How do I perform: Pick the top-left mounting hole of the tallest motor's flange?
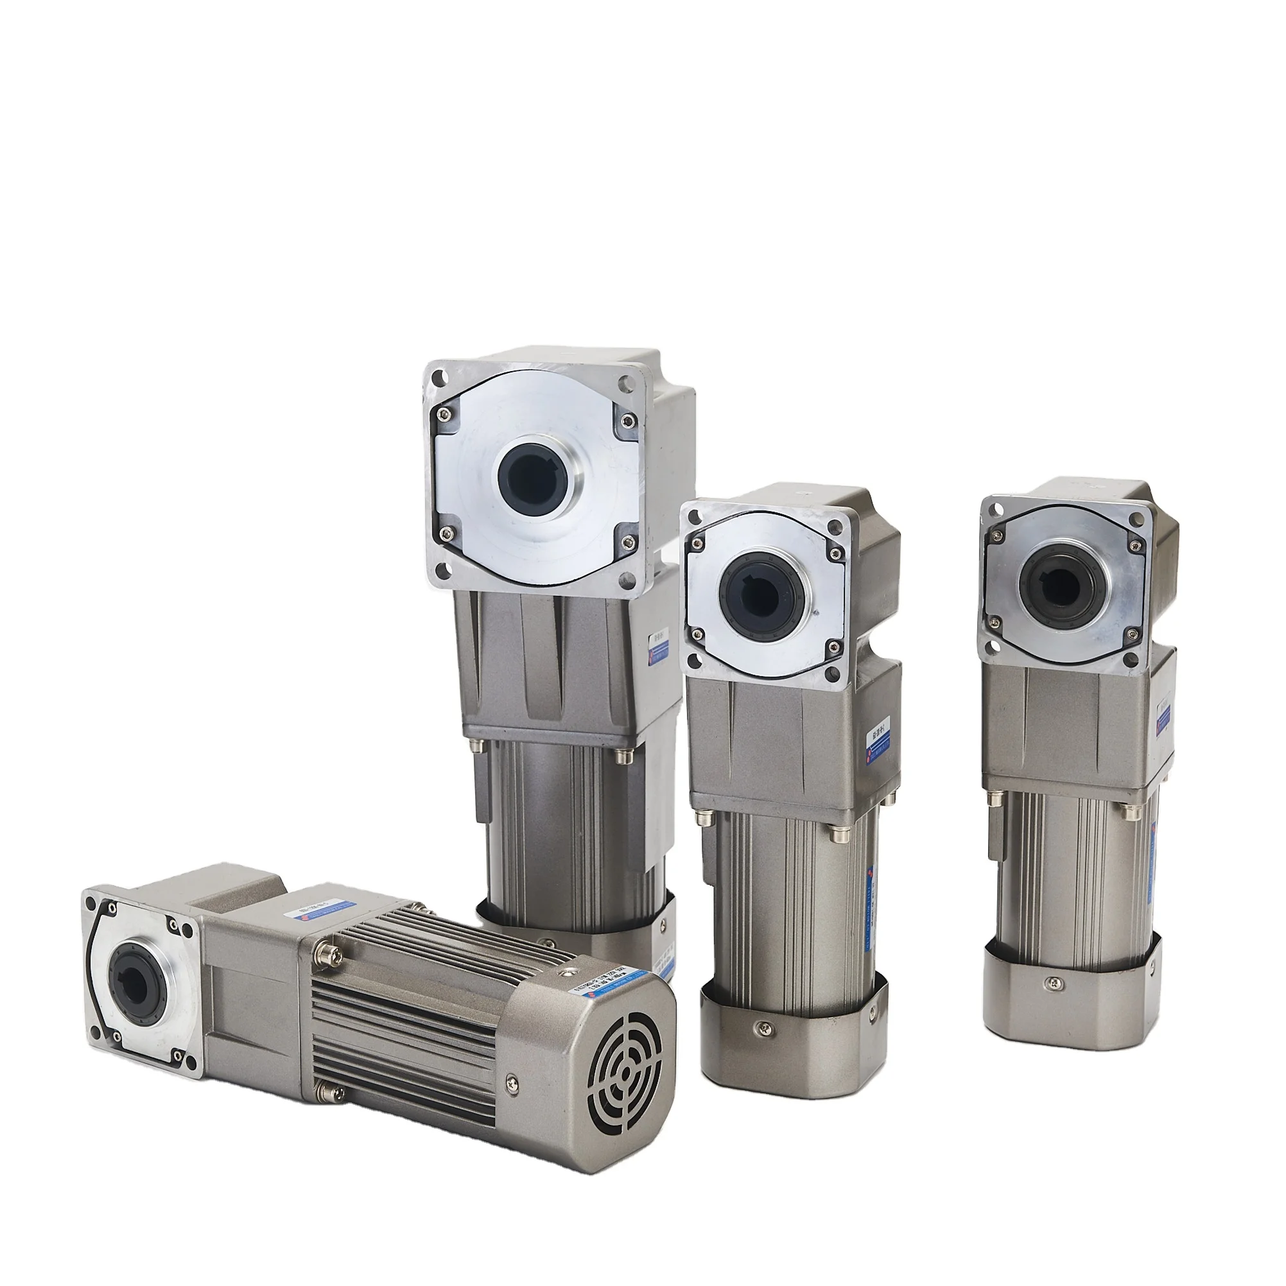[x=440, y=379]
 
